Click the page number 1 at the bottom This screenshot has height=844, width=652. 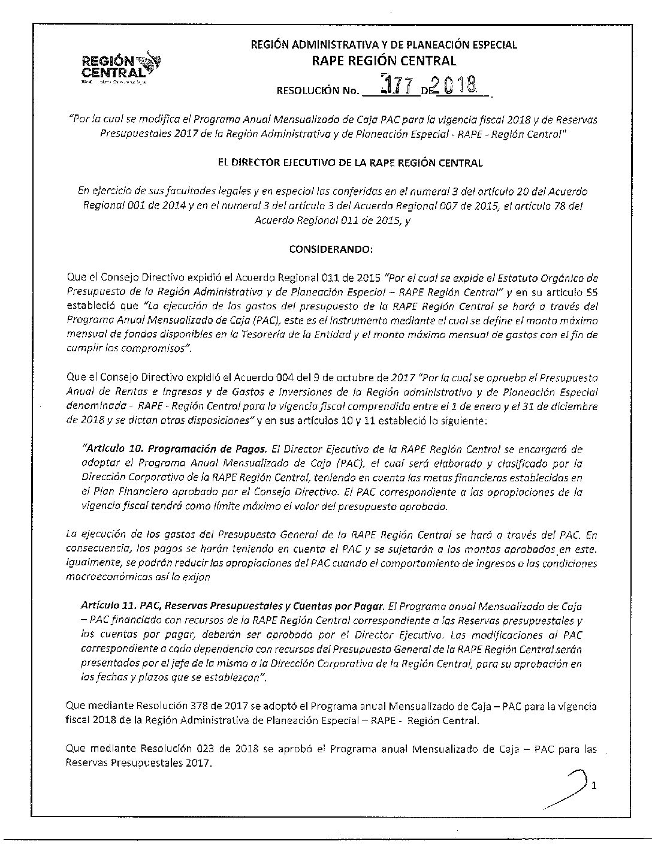[593, 785]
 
